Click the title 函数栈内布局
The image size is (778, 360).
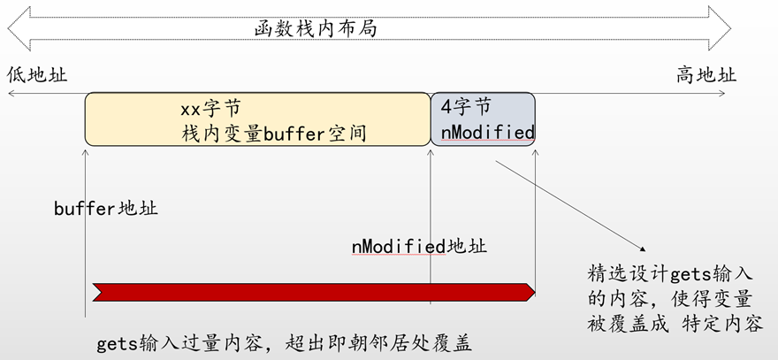[315, 29]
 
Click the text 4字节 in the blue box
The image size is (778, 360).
[465, 107]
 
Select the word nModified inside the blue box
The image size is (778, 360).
[487, 133]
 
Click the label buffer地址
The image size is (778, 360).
[105, 209]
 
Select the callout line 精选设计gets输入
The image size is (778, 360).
[669, 270]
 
